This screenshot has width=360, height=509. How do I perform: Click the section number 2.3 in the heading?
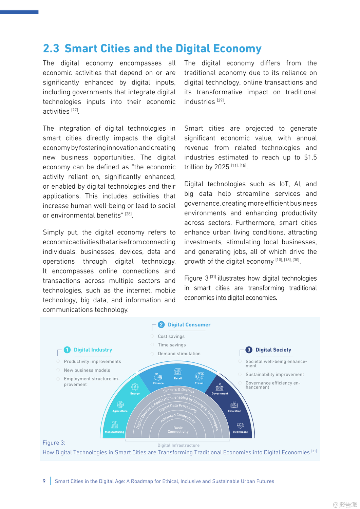51,49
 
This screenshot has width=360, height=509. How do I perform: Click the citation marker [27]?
75,110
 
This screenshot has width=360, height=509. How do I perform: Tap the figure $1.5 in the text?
310,157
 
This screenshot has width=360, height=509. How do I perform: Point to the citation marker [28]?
128,214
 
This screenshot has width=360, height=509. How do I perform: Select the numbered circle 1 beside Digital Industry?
67,350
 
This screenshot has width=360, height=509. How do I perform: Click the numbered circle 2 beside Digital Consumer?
161,325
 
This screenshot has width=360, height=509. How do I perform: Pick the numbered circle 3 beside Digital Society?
249,350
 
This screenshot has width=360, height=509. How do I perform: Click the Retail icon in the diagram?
178,372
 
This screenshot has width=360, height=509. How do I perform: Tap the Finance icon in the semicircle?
158,377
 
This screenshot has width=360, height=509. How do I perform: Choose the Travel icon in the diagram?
199,376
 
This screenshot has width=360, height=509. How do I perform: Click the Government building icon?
220,387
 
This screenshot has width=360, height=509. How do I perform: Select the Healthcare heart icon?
240,426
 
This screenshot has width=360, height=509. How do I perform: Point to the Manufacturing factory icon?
115,425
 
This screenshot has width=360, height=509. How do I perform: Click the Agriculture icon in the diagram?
120,404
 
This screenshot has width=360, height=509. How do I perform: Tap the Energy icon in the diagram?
135,387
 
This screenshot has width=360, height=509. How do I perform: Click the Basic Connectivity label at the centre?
178,430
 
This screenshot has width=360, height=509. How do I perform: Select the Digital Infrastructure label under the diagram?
178,445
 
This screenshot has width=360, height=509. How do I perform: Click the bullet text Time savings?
172,345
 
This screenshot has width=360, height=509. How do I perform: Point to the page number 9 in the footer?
44,481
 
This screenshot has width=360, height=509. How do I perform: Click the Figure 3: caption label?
54,443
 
